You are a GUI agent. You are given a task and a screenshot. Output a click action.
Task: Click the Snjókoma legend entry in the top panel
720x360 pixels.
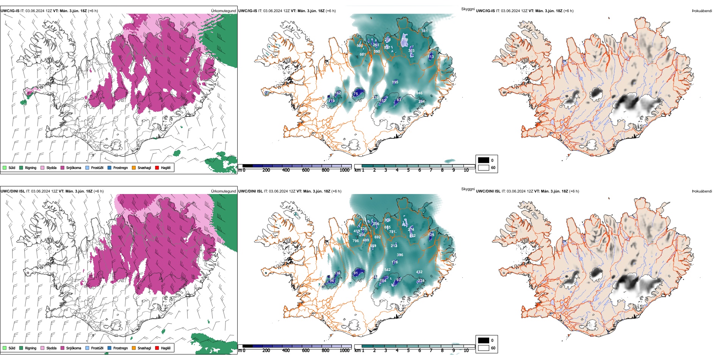[74, 167]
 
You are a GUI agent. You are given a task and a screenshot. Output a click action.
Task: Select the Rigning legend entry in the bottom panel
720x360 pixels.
[30, 348]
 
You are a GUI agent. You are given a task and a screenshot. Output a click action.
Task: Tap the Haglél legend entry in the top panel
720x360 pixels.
[165, 167]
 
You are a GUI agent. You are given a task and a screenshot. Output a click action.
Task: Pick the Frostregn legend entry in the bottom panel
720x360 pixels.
[120, 348]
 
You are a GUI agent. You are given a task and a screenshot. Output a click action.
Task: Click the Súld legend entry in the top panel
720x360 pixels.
[12, 167]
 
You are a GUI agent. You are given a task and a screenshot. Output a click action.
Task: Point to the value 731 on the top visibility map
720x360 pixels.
[424, 31]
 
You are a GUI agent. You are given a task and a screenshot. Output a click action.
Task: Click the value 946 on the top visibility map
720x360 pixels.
[419, 93]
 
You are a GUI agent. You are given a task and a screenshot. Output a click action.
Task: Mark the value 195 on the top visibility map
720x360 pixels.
[395, 82]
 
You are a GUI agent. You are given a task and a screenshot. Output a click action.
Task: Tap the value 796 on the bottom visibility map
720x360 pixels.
[355, 241]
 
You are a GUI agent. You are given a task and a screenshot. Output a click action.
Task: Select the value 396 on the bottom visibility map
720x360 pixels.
[400, 255]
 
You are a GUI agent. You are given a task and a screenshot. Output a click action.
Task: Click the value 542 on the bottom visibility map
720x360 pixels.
[387, 270]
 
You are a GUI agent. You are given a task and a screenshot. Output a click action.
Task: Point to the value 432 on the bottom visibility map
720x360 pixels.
[419, 272]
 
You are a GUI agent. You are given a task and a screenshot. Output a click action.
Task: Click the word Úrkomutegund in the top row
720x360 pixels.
[223, 11]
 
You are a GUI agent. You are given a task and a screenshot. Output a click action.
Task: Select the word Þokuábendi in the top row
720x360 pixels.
[702, 11]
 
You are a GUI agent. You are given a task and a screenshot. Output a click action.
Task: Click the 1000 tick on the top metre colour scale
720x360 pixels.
[344, 170]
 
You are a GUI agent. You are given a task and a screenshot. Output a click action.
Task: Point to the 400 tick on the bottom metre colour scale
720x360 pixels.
[286, 351]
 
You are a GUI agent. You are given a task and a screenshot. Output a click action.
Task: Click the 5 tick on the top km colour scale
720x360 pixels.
[408, 170]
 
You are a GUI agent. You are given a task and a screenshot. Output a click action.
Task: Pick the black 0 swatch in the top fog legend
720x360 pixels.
[484, 160]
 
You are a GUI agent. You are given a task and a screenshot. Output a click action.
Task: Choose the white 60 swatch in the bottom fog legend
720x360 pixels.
[484, 348]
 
